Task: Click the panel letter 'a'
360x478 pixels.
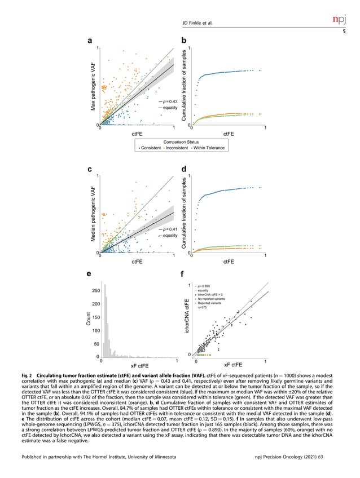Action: tap(89, 41)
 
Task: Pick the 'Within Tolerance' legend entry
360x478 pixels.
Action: tap(209, 148)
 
